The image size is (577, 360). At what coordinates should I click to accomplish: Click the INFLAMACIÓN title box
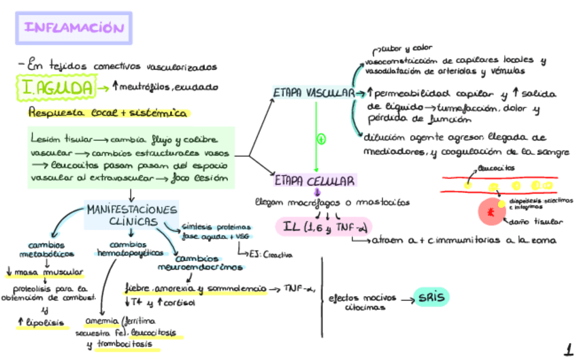click(x=74, y=29)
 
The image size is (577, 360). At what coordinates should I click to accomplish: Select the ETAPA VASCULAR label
click(x=312, y=93)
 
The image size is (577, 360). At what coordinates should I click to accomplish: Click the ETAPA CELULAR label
click(x=315, y=181)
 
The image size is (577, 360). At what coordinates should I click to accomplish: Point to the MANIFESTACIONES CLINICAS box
click(x=131, y=215)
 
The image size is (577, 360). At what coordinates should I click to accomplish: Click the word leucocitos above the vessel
click(x=497, y=167)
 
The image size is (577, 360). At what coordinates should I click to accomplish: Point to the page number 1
click(x=567, y=350)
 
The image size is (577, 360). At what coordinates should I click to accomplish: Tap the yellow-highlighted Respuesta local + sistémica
click(x=108, y=113)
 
